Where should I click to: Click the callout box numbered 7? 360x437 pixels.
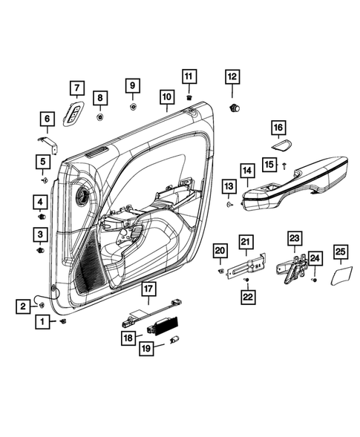click(x=74, y=88)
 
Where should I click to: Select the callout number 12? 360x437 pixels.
click(x=232, y=76)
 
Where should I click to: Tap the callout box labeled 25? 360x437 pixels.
click(x=340, y=254)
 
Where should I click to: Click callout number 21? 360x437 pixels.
click(x=246, y=240)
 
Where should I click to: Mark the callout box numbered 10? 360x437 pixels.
click(x=166, y=96)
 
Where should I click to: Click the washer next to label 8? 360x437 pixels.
click(x=100, y=116)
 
